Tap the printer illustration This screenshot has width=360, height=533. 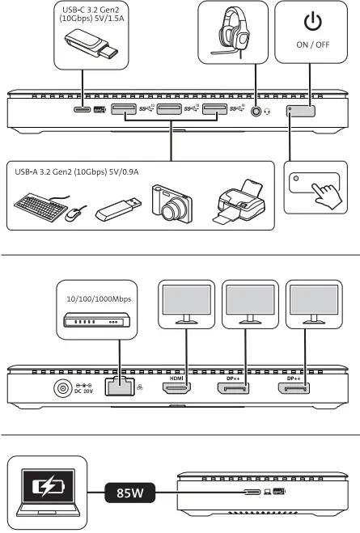[242, 202]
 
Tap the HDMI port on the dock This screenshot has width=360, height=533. [177, 388]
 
